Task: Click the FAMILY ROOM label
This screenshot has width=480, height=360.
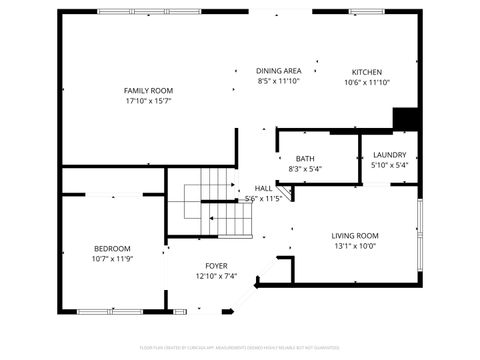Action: click(149, 90)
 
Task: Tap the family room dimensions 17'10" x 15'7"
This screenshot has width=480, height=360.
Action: click(149, 101)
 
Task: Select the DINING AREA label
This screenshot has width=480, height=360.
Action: click(279, 71)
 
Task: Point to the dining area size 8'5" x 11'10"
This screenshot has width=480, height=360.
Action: click(279, 81)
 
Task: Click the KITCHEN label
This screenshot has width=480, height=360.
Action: click(366, 71)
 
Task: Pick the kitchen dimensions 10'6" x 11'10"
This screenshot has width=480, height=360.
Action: click(366, 82)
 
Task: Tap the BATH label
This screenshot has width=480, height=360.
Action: click(305, 158)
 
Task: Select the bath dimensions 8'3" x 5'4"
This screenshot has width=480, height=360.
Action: click(305, 169)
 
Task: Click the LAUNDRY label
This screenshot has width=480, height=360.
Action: click(389, 154)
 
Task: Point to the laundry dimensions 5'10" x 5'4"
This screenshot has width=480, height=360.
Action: click(389, 165)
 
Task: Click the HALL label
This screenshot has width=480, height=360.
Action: click(264, 188)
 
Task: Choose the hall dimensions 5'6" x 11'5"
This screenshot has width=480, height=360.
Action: click(264, 198)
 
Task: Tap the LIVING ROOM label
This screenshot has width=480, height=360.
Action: click(355, 235)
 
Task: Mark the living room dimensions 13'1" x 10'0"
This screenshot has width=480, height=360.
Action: click(355, 246)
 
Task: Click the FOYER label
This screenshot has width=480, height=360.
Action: click(216, 265)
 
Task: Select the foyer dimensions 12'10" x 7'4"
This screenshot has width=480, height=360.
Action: click(216, 276)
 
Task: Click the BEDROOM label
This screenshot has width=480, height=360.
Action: click(112, 248)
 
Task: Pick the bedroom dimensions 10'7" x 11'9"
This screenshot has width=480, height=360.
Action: click(112, 259)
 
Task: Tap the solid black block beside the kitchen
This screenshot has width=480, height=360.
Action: click(405, 118)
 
